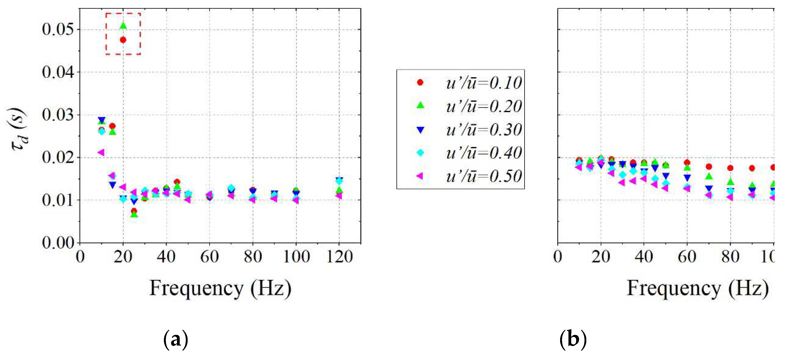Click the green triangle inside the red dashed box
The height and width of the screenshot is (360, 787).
point(123,26)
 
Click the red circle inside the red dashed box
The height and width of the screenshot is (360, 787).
point(123,40)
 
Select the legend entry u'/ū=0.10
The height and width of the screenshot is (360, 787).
point(483,83)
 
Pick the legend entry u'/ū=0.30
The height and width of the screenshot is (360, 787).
point(483,130)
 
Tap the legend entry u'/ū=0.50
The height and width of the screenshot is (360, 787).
point(483,176)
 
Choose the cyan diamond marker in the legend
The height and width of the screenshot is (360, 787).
point(421,152)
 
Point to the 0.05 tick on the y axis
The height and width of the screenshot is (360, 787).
point(58,29)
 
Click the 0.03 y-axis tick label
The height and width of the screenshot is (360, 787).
point(58,115)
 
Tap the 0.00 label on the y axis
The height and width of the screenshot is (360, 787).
point(58,243)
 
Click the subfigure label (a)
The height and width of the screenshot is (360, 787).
point(176,339)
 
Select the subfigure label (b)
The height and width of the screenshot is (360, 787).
point(573,339)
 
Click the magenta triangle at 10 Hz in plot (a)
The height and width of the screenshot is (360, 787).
point(101,152)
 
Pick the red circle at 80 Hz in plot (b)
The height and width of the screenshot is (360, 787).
point(730,168)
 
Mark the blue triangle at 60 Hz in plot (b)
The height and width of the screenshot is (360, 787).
point(687,177)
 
